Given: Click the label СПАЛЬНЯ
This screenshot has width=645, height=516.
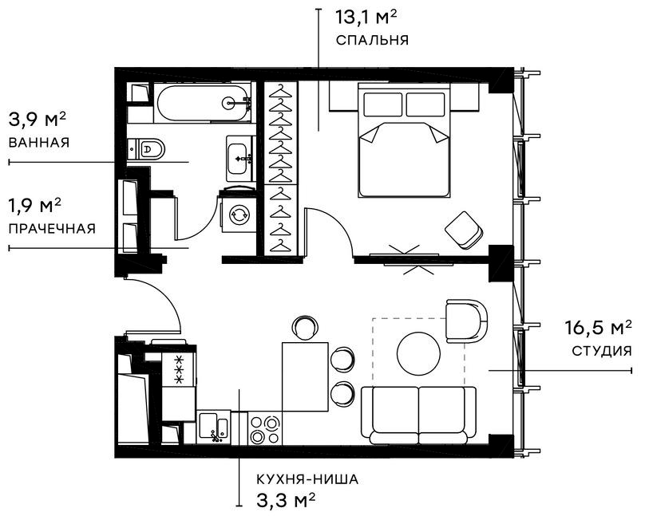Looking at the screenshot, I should click(372, 40).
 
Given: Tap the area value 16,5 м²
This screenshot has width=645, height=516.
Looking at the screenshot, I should click(599, 328).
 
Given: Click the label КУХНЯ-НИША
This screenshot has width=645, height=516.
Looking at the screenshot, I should click(307, 480).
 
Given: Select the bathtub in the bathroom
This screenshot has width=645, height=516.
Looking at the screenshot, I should click(204, 103).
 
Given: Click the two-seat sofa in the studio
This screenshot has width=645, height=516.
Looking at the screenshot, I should click(418, 413).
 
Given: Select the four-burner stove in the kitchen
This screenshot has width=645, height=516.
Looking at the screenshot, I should click(264, 428).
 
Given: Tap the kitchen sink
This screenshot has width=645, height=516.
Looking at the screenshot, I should click(214, 426).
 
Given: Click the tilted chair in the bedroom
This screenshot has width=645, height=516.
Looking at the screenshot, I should click(464, 230).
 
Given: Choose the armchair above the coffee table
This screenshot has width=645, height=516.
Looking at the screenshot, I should click(466, 320).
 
